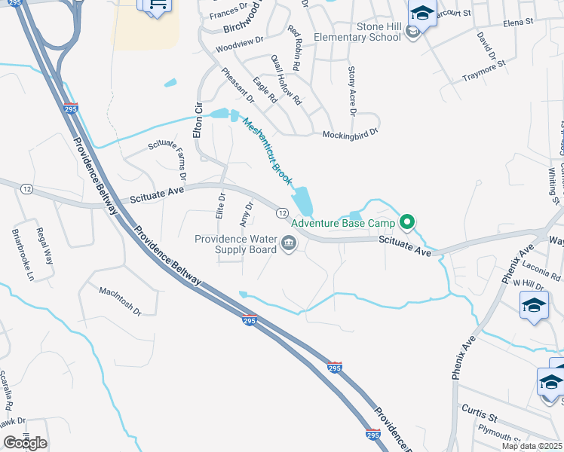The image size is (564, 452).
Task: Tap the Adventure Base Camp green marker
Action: click(x=408, y=222)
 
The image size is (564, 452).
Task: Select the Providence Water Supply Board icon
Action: click(x=289, y=243)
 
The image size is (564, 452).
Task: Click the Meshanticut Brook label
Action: click(x=267, y=151)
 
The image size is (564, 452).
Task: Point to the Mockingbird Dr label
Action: click(x=350, y=134)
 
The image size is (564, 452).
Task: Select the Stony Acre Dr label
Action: click(x=351, y=91)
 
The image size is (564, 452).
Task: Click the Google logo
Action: click(x=26, y=442)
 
